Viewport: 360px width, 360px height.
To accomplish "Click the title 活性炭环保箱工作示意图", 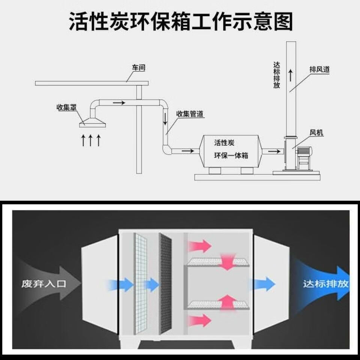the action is pos(181,22).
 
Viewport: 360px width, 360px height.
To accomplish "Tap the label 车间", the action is pos(139,67).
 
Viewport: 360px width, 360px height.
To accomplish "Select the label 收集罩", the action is pos(66,107).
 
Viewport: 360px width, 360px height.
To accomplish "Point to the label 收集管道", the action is pos(190,114).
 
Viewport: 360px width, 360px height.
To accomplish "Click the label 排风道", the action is pos(319,69).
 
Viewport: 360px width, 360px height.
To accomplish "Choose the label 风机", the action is pos(316,132).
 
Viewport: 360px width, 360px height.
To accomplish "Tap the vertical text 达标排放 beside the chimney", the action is pos(277,75).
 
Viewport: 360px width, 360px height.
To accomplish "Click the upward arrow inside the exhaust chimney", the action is pos(291,75).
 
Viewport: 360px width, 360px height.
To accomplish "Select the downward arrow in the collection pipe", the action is pos(165,118).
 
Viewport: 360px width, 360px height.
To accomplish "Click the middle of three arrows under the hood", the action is pos(91,140).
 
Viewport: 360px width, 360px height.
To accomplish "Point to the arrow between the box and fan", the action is pos(274,151).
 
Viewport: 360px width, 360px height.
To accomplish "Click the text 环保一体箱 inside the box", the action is pos(231,155).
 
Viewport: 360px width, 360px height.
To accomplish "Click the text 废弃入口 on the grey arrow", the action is pos(44,284).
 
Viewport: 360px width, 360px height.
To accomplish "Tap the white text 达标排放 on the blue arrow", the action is pos(326,284).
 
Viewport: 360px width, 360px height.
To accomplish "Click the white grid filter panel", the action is pos(140,284).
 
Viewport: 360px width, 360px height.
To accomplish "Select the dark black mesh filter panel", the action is pos(165,284).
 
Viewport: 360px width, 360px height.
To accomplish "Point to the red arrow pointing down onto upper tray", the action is pos(228,262).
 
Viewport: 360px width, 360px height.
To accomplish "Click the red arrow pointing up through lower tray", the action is pos(228,303).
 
